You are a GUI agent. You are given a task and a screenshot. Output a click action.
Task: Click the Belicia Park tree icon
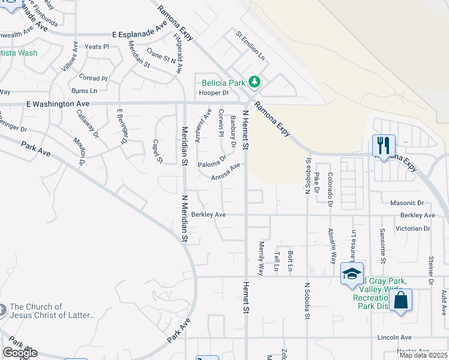[x=255, y=81]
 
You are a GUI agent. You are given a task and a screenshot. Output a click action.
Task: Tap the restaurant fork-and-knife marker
[x=383, y=145]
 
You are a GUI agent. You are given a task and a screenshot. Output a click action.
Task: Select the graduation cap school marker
[x=351, y=274]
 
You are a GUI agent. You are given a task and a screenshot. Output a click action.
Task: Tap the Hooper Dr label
[x=214, y=93]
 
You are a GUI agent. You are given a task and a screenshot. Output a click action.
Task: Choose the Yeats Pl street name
[x=97, y=46]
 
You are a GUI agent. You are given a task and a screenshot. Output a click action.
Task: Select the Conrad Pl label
[x=93, y=79]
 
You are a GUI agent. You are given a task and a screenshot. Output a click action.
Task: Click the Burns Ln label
[x=84, y=91]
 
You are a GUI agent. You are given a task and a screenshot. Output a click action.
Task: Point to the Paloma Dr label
[x=212, y=161]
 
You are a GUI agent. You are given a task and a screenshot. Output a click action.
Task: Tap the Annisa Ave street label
[x=226, y=171]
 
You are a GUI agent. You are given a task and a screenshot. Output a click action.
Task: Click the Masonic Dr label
[x=407, y=203]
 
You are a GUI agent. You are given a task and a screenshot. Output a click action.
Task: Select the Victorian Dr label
[x=413, y=229]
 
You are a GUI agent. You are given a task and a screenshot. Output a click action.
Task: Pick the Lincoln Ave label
[x=394, y=337]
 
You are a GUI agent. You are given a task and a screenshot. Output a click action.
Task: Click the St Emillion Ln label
[x=250, y=46]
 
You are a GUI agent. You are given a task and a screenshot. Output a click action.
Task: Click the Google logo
[x=20, y=353]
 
